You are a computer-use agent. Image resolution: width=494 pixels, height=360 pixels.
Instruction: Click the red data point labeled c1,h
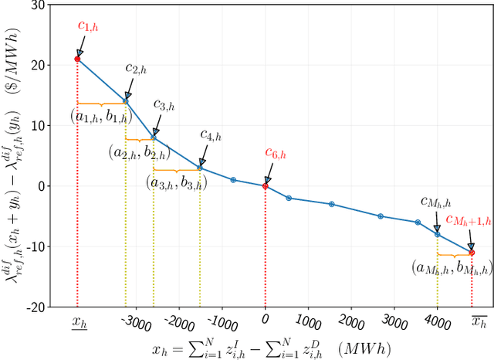[x=77, y=59]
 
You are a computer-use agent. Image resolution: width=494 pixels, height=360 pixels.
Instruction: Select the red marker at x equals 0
[x=266, y=186]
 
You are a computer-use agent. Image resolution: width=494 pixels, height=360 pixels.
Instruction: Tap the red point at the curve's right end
[x=472, y=253]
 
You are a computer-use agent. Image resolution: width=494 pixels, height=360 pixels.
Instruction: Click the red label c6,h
[x=276, y=153]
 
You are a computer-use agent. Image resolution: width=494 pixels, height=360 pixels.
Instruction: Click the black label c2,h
[x=137, y=69]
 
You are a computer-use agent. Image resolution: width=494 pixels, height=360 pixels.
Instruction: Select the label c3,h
[x=164, y=104]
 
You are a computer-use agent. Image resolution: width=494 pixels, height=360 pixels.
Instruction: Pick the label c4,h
[x=210, y=136]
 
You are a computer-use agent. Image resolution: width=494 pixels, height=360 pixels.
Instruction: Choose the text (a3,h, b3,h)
[x=176, y=184]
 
